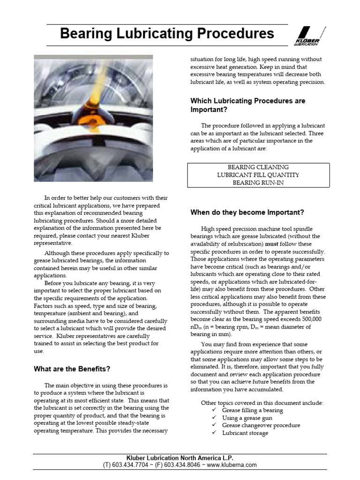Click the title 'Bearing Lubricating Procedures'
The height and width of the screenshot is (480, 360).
tap(167, 34)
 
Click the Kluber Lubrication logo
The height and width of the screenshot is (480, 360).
tap(309, 37)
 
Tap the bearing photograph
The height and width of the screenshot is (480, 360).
tap(93, 118)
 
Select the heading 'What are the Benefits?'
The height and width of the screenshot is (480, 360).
tap(72, 369)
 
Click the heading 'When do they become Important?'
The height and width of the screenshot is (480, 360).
tap(247, 212)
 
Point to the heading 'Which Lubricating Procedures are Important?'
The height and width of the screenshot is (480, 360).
tap(247, 105)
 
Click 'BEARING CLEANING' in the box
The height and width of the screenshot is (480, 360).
tap(258, 167)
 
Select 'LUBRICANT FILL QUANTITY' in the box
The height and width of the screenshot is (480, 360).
tap(258, 175)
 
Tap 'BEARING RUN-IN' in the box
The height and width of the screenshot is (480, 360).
tap(258, 183)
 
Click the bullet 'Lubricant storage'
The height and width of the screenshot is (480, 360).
tap(245, 433)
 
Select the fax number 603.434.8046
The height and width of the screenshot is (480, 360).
tap(183, 465)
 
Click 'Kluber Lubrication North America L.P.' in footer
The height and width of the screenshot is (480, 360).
tap(180, 458)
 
